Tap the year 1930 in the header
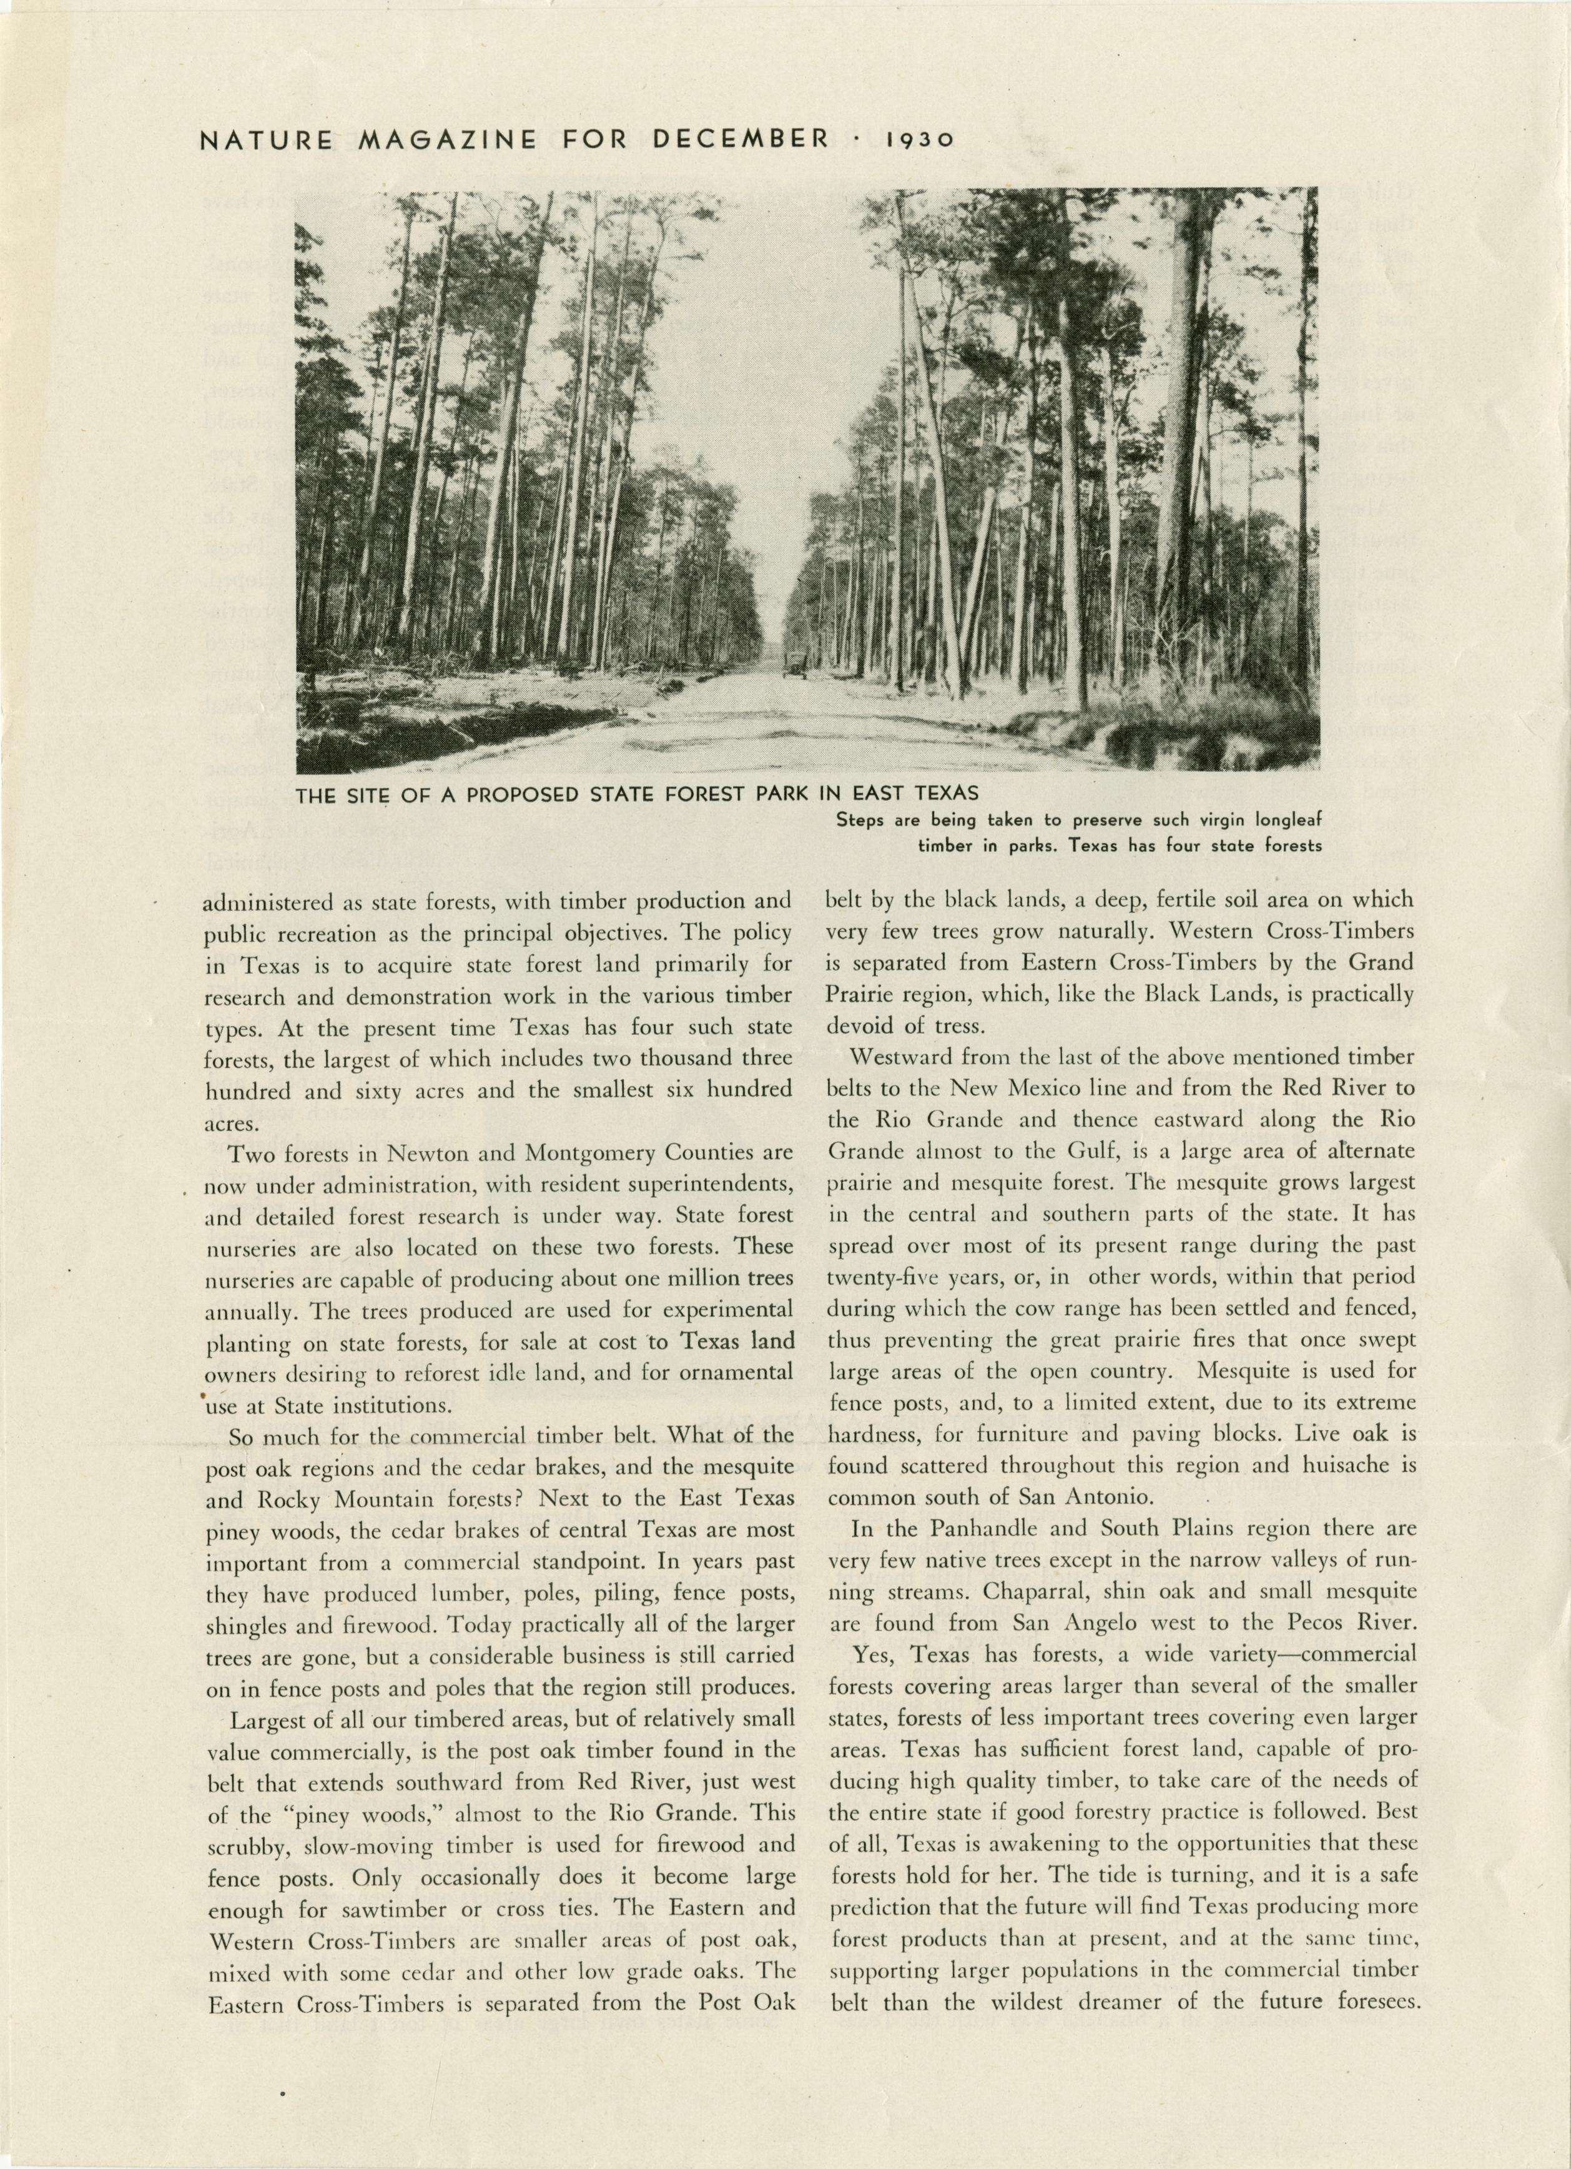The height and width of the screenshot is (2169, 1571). tap(920, 140)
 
